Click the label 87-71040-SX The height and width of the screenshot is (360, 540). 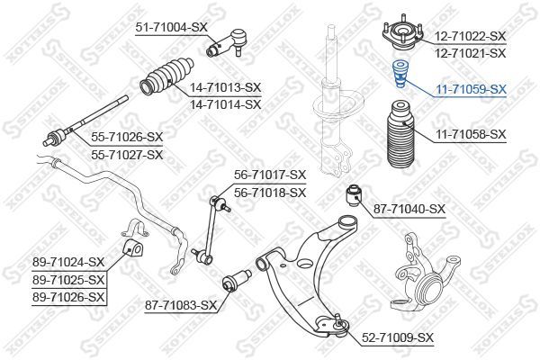point(409,209)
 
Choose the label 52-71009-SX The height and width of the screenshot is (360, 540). point(398,337)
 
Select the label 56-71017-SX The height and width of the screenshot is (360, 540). point(270,175)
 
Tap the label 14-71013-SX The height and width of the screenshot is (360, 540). point(227,87)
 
